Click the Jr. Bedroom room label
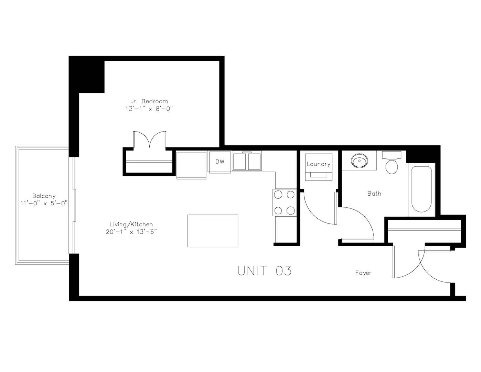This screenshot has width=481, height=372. [x=149, y=101]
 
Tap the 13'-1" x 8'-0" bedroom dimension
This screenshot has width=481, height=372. [x=149, y=108]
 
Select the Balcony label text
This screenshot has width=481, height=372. [x=44, y=196]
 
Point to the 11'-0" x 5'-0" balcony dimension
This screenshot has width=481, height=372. [x=44, y=203]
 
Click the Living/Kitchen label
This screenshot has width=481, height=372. [x=131, y=225]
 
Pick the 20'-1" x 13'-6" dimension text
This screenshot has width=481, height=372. [x=131, y=232]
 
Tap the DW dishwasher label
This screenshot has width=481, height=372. [x=220, y=162]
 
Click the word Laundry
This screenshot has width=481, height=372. [x=319, y=164]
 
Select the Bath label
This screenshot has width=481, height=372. [x=374, y=194]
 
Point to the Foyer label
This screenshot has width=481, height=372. [x=363, y=273]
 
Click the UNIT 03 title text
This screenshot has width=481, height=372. [x=265, y=271]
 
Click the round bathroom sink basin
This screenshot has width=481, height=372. [x=360, y=161]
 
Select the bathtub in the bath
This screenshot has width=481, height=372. [x=421, y=189]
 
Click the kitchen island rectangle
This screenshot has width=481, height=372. [x=213, y=231]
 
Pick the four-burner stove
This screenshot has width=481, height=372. [x=285, y=203]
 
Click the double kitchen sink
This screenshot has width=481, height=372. [x=247, y=161]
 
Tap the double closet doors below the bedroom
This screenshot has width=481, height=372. [x=150, y=139]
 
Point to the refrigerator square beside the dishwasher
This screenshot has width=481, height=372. [x=191, y=165]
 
